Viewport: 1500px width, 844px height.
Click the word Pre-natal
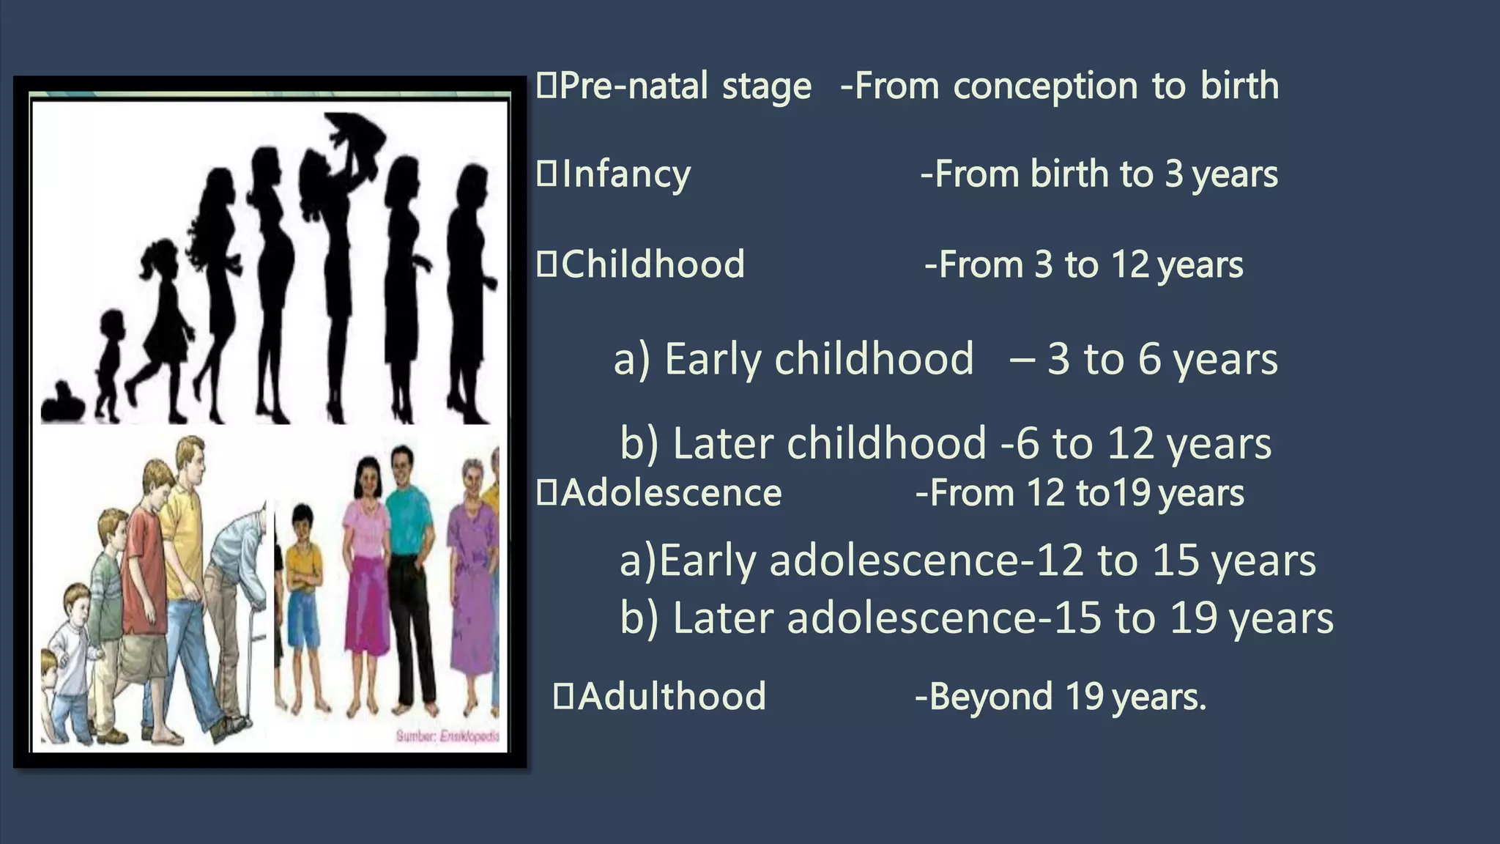634,86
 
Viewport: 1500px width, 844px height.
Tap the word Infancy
625,175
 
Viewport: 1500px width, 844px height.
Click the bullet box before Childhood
546,264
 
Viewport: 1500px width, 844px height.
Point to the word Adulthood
671,696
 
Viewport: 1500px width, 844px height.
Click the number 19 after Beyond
1084,696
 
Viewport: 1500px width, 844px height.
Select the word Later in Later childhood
722,444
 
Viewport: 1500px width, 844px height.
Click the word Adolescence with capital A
671,493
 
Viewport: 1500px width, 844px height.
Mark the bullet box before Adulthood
563,696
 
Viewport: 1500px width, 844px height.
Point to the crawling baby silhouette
62,404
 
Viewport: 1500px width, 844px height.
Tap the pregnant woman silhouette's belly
281,256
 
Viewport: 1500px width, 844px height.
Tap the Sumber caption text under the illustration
448,736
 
